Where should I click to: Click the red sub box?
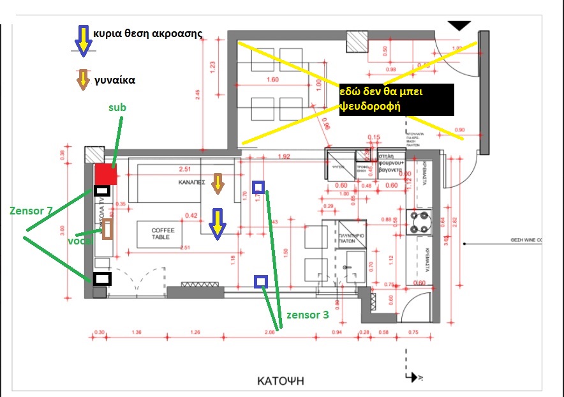105,174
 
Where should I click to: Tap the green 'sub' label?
117,108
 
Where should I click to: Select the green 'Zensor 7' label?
31,211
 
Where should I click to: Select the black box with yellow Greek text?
396,100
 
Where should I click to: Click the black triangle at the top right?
459,26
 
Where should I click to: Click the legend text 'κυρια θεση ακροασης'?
147,34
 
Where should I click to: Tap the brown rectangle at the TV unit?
108,230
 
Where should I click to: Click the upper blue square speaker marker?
258,187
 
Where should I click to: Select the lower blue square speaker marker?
260,281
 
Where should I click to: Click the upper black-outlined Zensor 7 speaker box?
101,190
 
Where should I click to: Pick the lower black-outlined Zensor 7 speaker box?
102,279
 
